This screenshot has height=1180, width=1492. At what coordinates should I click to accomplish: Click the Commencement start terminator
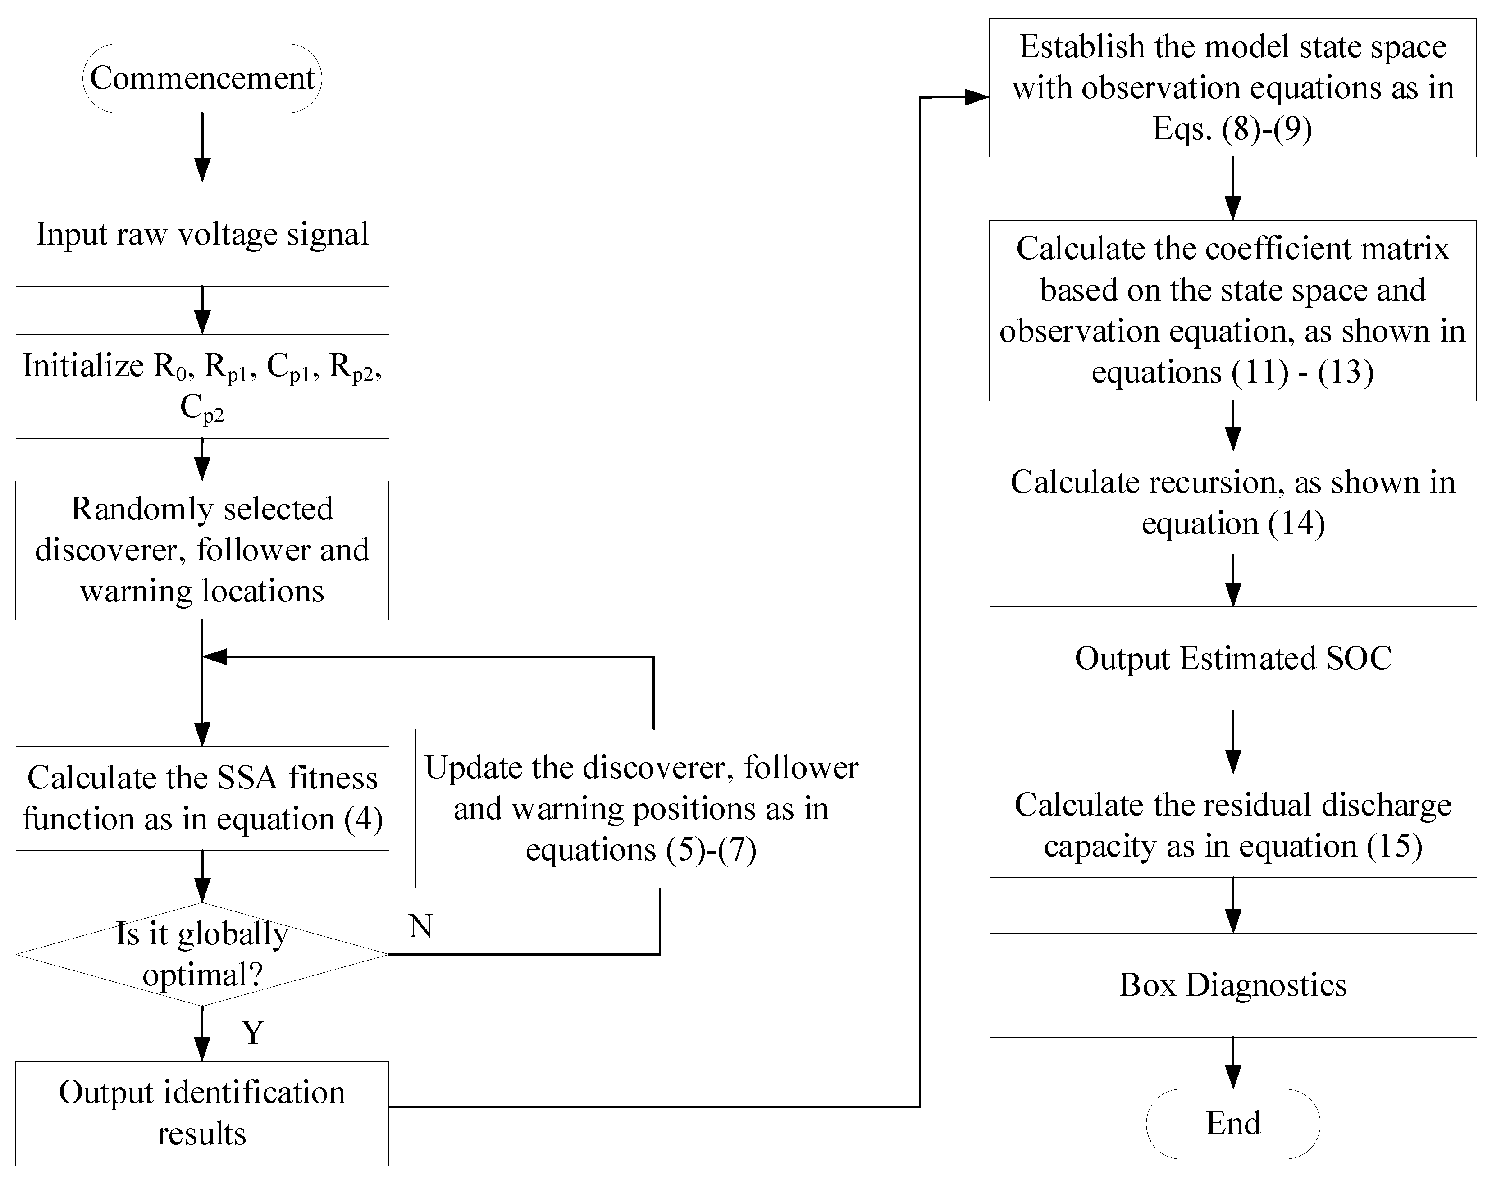tap(202, 78)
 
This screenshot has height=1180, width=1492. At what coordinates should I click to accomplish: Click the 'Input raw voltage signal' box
tap(202, 234)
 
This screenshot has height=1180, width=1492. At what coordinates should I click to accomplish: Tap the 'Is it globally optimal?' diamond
tap(202, 954)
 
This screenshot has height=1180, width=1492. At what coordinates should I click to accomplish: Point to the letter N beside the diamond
tap(420, 926)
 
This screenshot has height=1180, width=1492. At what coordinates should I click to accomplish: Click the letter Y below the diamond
tap(253, 1033)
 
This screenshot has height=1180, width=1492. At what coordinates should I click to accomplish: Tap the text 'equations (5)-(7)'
tap(641, 850)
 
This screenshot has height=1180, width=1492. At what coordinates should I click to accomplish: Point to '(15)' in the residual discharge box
tap(1395, 846)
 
